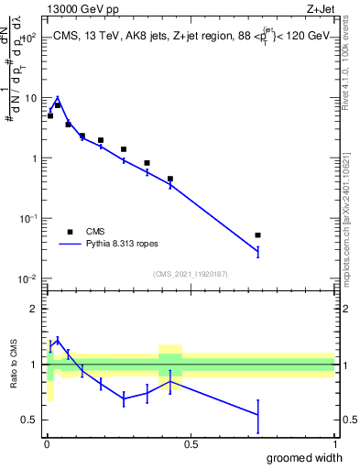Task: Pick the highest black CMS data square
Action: pos(57,105)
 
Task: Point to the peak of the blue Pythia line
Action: pos(57,98)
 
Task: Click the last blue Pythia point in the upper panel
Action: pos(258,251)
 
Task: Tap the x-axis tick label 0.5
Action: pos(191,444)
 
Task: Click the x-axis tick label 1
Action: pos(334,444)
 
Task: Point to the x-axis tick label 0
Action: pos(47,444)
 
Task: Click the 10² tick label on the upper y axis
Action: pos(29,38)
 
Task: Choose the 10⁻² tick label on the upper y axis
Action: pos(29,278)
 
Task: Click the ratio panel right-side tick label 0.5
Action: pos(347,420)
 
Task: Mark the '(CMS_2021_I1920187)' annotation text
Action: pos(191,272)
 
